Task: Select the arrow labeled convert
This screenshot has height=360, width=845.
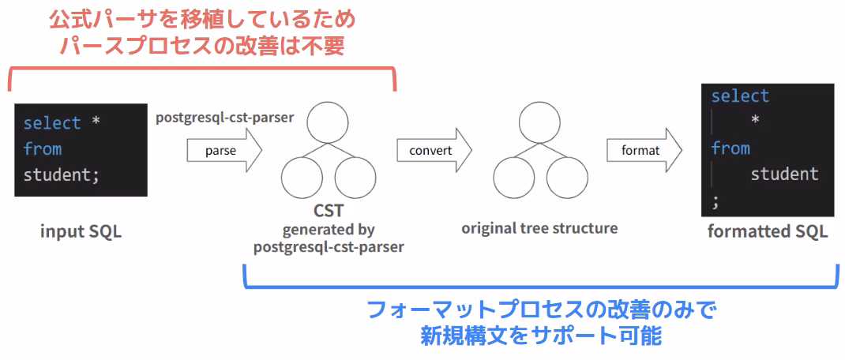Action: click(434, 150)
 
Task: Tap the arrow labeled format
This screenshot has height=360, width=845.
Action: click(644, 150)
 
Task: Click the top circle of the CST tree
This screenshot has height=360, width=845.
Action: click(328, 122)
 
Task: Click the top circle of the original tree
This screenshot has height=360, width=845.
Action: click(539, 123)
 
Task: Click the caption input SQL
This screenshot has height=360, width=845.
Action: click(81, 232)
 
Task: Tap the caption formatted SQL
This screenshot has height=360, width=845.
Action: click(767, 231)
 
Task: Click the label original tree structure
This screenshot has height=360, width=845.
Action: click(539, 228)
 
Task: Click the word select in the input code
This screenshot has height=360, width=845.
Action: click(52, 123)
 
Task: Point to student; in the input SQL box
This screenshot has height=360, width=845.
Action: click(62, 174)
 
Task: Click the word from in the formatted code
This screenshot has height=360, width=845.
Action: click(730, 148)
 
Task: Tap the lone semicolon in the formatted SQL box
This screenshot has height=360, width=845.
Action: click(715, 201)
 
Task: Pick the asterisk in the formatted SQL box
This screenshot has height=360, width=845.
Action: click(755, 122)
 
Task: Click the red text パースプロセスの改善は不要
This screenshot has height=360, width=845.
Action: click(203, 46)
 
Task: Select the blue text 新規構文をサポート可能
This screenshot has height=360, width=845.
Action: click(540, 335)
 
